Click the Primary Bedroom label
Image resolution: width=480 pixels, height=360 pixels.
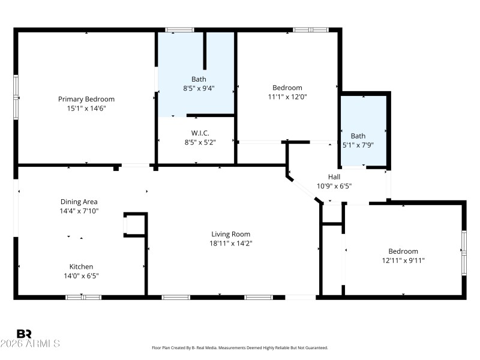click(x=86, y=99)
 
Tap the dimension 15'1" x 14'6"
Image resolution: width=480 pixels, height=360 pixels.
click(x=86, y=108)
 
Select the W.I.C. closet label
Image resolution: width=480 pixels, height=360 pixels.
click(x=200, y=133)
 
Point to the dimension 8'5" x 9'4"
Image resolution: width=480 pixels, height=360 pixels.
click(x=199, y=88)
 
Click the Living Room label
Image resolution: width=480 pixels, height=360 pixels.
click(x=230, y=234)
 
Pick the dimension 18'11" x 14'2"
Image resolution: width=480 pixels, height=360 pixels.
click(x=230, y=243)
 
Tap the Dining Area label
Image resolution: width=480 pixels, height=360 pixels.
click(x=79, y=202)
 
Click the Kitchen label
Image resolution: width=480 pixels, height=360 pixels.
click(x=81, y=266)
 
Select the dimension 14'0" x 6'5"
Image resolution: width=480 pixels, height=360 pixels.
click(x=81, y=275)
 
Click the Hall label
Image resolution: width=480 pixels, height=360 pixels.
click(x=334, y=176)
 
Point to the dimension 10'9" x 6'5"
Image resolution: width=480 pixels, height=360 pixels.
click(x=334, y=185)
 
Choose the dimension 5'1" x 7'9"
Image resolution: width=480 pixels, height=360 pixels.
click(x=358, y=145)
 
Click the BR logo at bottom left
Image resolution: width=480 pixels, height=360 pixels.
click(x=24, y=334)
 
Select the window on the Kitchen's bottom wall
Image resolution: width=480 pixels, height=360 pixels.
click(x=83, y=296)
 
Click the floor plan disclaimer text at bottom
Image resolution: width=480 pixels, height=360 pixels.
click(x=240, y=347)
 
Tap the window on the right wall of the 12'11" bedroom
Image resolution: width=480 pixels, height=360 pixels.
click(x=463, y=253)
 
